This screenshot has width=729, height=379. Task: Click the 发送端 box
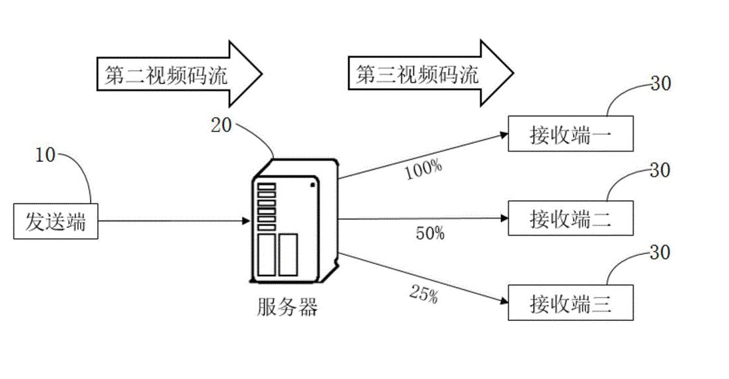coord(55,222)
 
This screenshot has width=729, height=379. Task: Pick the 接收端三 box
coord(570,302)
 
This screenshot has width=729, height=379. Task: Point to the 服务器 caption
coord(287,308)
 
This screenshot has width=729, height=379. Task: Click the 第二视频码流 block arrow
coord(177,73)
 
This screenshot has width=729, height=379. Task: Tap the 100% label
coord(423,169)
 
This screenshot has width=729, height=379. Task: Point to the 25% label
coord(423,294)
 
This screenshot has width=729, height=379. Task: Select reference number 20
coord(221,125)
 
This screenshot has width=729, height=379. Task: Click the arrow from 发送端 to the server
coord(173,222)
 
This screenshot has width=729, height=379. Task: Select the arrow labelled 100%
coord(420,156)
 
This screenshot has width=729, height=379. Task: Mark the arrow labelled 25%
coord(420,278)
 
